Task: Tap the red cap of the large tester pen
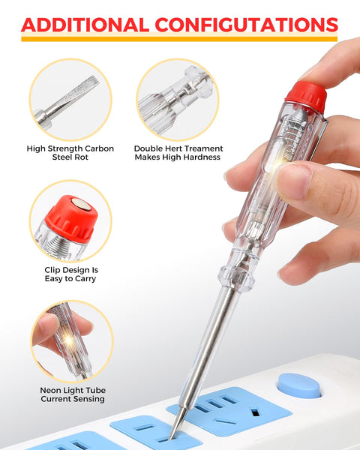(305, 96)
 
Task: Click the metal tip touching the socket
(175, 430)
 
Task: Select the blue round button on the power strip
(299, 385)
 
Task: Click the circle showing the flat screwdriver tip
(70, 99)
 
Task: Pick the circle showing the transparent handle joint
(177, 99)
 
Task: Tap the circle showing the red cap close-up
(70, 220)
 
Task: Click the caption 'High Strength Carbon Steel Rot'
(71, 153)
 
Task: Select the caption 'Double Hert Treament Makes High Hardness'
(177, 153)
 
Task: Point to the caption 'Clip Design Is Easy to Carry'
(71, 274)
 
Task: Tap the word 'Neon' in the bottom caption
(52, 391)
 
